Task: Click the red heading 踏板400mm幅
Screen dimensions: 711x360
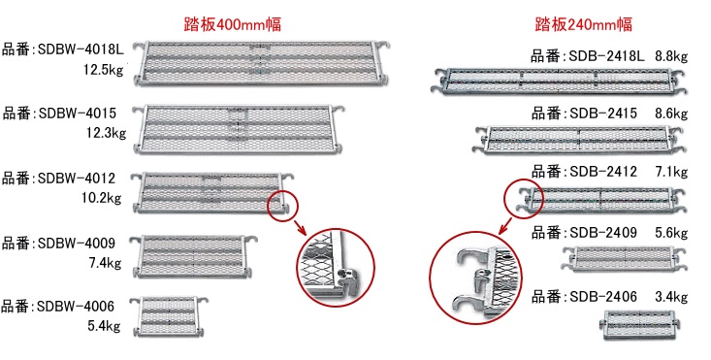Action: [x=233, y=24]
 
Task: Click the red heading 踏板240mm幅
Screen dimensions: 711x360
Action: [x=584, y=24]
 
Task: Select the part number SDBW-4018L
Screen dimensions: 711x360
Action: [x=81, y=49]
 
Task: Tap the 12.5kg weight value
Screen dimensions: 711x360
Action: [x=103, y=70]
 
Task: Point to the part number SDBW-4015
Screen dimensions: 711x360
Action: [x=78, y=113]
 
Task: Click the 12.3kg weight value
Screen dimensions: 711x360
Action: [x=106, y=133]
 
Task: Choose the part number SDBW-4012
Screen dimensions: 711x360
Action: [x=77, y=178]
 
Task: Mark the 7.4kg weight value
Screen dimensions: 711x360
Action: [x=105, y=263]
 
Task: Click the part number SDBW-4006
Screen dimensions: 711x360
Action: [x=76, y=306]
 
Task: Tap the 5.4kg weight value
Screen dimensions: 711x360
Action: [x=104, y=326]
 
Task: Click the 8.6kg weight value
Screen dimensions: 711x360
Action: [x=671, y=113]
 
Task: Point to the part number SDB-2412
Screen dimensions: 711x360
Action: [x=603, y=172]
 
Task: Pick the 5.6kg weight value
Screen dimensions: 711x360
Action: [x=671, y=233]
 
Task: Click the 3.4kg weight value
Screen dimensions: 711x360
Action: [x=671, y=297]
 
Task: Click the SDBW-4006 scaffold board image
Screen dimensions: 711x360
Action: [x=168, y=316]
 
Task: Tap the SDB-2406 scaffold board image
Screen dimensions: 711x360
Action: [x=641, y=325]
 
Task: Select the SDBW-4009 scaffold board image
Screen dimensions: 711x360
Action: [x=194, y=256]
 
